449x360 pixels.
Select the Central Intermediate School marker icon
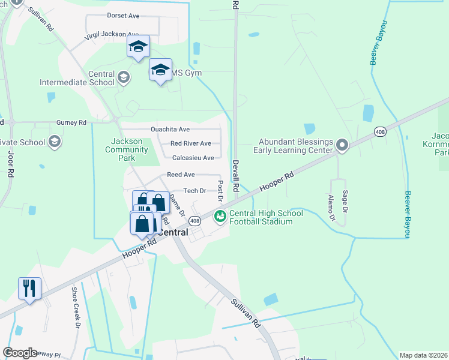(123, 76)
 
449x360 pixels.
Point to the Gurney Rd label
(71, 122)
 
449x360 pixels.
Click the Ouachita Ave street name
(170, 129)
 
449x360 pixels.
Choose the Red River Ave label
(190, 143)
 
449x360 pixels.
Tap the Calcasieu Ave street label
(193, 158)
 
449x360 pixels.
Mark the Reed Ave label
(181, 174)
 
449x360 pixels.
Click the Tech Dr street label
(194, 190)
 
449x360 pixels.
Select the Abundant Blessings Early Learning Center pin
(342, 145)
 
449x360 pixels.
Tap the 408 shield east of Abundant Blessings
(379, 131)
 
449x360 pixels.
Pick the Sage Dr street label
(345, 200)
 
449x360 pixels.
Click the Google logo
(20, 353)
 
